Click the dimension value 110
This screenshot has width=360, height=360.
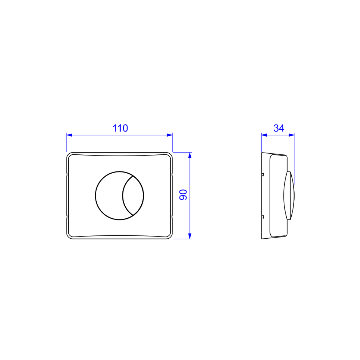120,128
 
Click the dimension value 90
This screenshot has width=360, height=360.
183,195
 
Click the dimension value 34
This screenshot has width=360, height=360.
279,128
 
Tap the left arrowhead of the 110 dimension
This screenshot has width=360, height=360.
69,135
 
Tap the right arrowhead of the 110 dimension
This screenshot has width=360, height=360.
169,135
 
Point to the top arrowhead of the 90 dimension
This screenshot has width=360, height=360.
190,155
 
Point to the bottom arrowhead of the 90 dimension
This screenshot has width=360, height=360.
190,236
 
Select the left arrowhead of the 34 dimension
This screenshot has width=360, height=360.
264,135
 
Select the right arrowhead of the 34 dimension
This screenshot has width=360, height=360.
291,135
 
